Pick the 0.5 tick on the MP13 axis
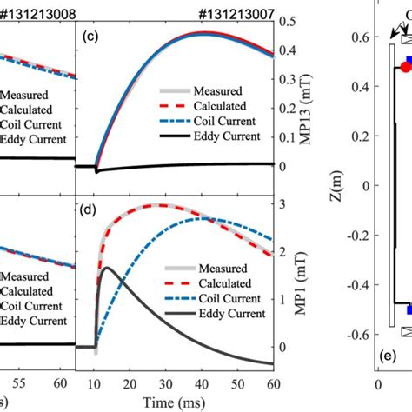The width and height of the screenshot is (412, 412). pos(286,20)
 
